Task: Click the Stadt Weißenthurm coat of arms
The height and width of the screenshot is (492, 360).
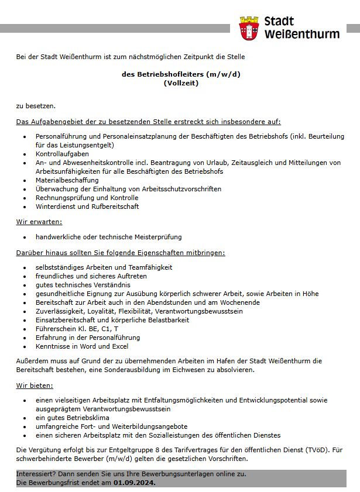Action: (251, 28)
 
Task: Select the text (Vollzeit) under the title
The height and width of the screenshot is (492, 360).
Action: (181, 83)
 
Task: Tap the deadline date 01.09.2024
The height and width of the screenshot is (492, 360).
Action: (135, 483)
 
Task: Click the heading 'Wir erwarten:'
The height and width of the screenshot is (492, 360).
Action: (39, 222)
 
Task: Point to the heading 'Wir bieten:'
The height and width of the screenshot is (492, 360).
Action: (35, 386)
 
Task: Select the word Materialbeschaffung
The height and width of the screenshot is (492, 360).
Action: (67, 180)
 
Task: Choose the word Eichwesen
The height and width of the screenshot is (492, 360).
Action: (184, 370)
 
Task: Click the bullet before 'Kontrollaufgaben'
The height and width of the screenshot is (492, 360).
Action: (25, 154)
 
